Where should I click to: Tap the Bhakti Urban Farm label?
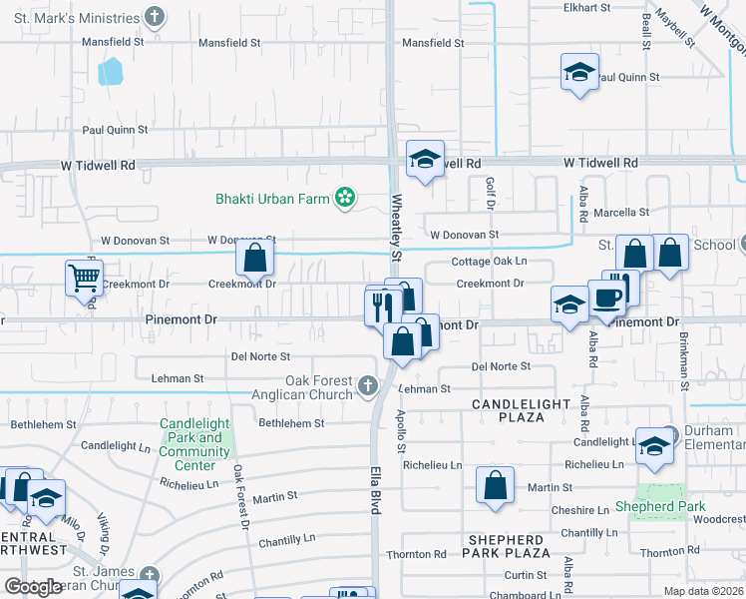[x=272, y=199]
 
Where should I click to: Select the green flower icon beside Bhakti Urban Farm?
[x=345, y=199]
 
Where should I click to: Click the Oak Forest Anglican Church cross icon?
[x=368, y=385]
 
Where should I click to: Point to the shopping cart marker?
[x=84, y=278]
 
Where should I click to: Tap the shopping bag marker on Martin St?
[x=495, y=485]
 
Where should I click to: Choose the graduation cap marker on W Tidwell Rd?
[x=426, y=160]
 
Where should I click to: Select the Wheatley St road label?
[x=396, y=230]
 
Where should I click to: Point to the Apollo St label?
[x=402, y=431]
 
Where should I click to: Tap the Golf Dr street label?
[x=490, y=194]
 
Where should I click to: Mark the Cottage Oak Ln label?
[x=489, y=262]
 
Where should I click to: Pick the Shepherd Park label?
[x=675, y=506]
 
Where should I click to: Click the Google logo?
[x=33, y=587]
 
